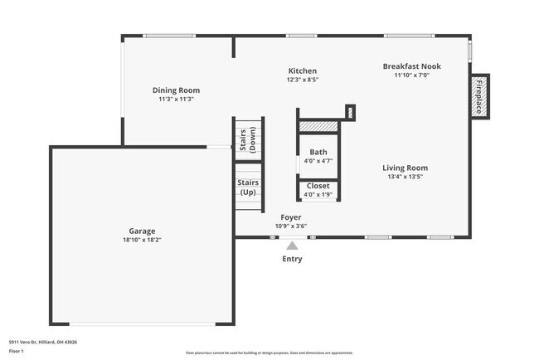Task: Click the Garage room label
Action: (x=142, y=231)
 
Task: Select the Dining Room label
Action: (x=176, y=90)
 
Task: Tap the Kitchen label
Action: (x=302, y=71)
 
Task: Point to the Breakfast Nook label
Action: (x=411, y=66)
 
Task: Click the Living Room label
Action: (x=406, y=168)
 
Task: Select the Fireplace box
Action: (x=479, y=96)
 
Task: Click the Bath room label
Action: (x=318, y=153)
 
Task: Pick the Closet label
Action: (x=318, y=187)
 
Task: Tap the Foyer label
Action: (x=290, y=217)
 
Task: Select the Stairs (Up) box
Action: (x=248, y=187)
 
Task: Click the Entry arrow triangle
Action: (x=291, y=245)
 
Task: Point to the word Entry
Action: (x=292, y=259)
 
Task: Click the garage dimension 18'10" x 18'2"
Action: (x=142, y=240)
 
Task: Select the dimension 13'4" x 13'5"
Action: (x=406, y=177)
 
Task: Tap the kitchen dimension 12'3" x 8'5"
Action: (x=302, y=80)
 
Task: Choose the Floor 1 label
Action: (x=17, y=351)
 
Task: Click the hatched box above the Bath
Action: (x=318, y=126)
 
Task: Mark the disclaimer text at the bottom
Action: (x=269, y=353)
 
